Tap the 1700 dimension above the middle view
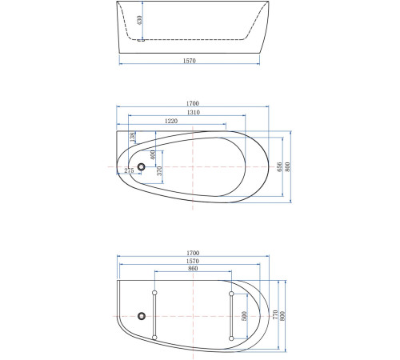[x=193, y=103]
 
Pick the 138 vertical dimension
[x=132, y=138]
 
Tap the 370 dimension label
[x=159, y=170]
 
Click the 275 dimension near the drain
[x=129, y=170]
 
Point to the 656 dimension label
[x=279, y=166]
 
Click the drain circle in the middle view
[x=142, y=166]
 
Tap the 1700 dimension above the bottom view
[x=193, y=253]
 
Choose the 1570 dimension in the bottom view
[x=193, y=262]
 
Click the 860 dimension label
[x=193, y=270]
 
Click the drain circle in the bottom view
[x=142, y=315]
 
